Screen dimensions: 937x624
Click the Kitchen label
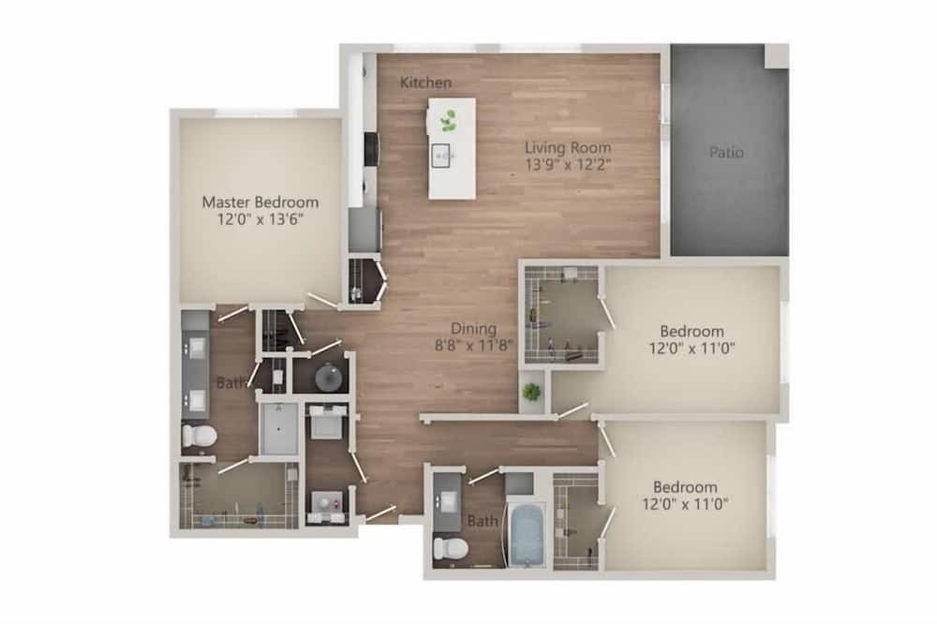click(425, 82)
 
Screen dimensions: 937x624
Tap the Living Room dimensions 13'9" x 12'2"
click(568, 165)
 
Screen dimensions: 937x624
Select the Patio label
click(727, 153)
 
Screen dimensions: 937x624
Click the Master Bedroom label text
click(260, 202)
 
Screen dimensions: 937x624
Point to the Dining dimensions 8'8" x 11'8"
click(474, 345)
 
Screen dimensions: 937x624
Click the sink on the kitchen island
click(443, 155)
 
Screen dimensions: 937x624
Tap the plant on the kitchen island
click(448, 122)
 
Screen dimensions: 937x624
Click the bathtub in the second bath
click(527, 535)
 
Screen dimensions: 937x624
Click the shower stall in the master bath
click(279, 428)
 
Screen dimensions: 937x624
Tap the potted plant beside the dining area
click(531, 393)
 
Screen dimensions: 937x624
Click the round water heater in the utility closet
click(327, 378)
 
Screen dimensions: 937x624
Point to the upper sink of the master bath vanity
click(197, 347)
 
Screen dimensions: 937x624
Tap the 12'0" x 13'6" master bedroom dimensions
click(260, 219)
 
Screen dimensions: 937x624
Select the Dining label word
click(473, 329)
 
